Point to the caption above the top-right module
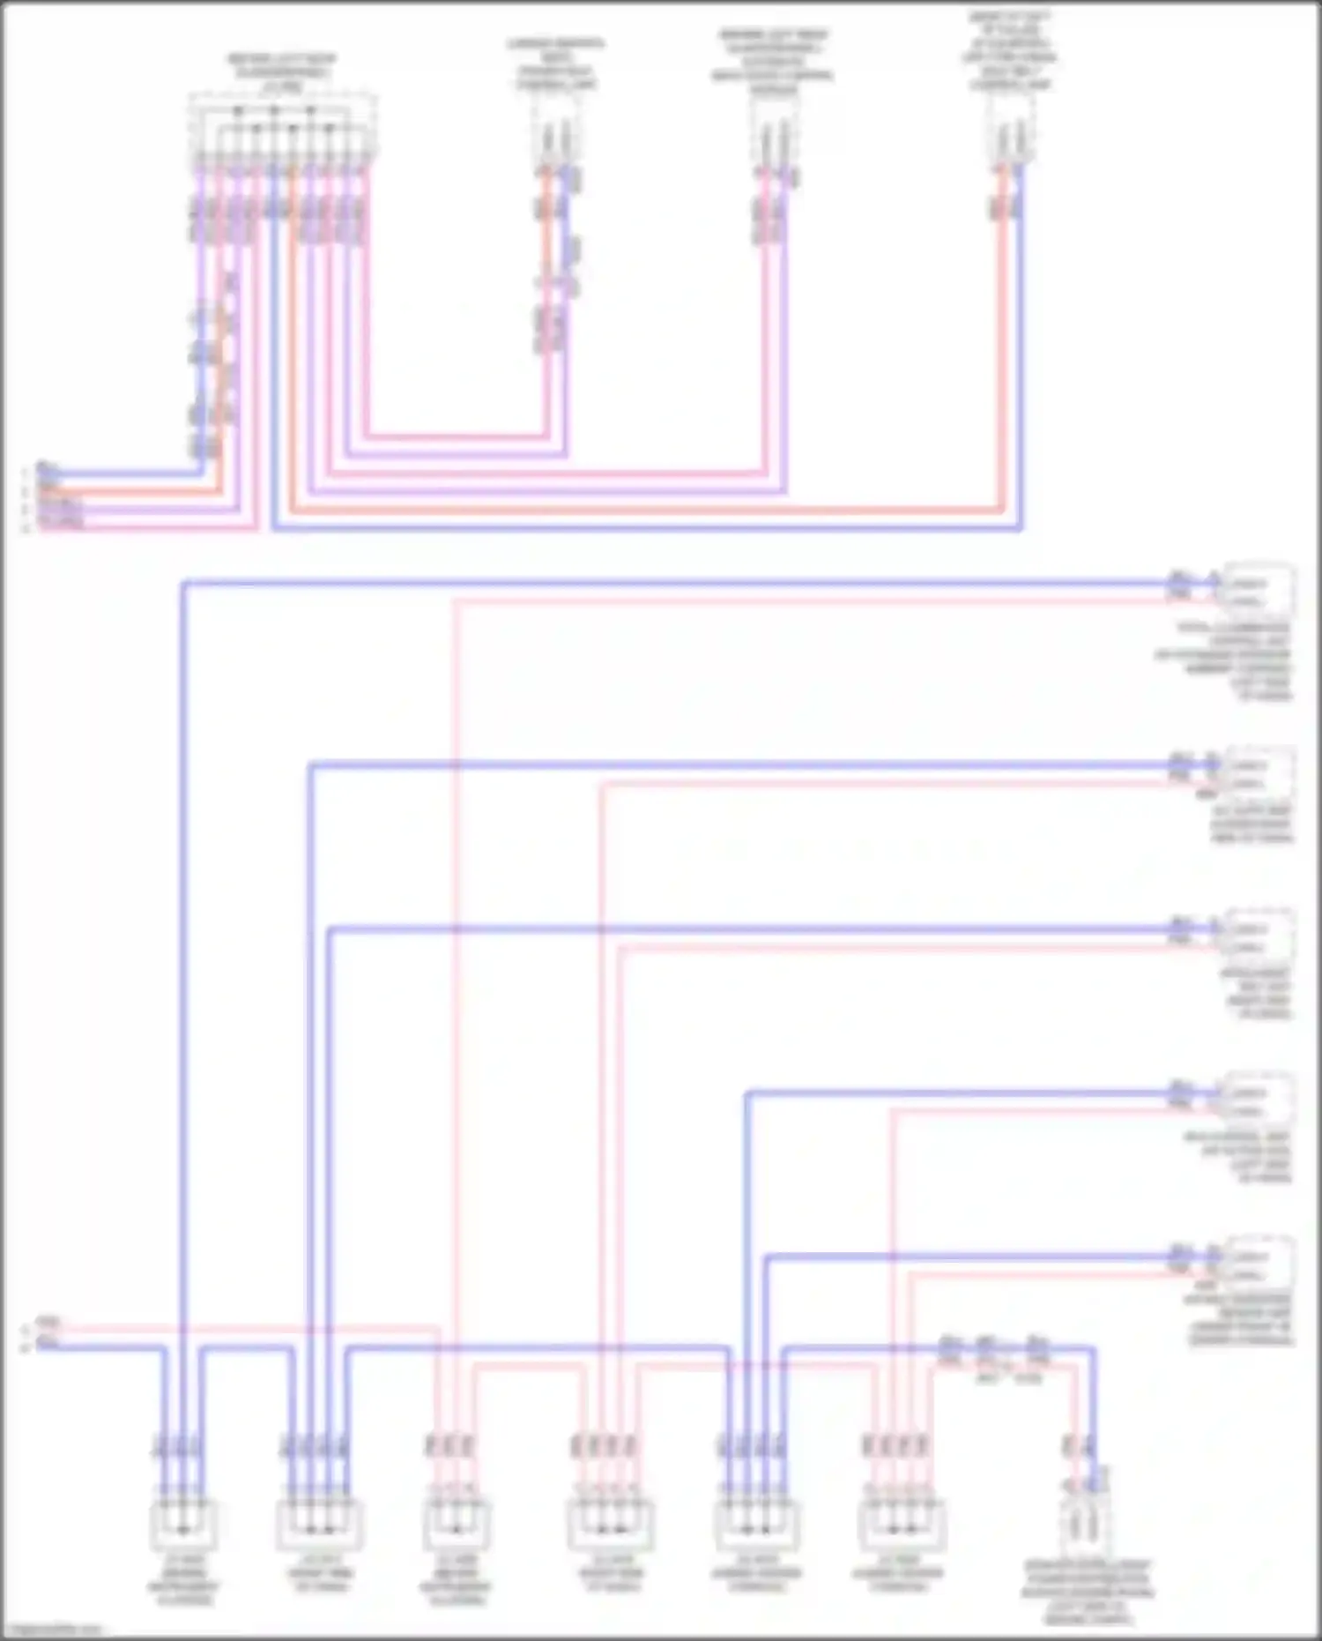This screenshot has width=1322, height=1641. pyautogui.click(x=1010, y=51)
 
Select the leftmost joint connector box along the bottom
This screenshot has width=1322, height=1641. pyautogui.click(x=182, y=1525)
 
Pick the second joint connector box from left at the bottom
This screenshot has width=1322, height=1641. pyautogui.click(x=320, y=1525)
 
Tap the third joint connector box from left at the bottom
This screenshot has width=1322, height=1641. pyautogui.click(x=456, y=1525)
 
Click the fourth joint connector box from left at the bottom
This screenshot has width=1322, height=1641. pyautogui.click(x=610, y=1525)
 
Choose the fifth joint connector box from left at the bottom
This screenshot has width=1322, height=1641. pyautogui.click(x=756, y=1525)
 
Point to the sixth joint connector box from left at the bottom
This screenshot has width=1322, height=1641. pyautogui.click(x=901, y=1525)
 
